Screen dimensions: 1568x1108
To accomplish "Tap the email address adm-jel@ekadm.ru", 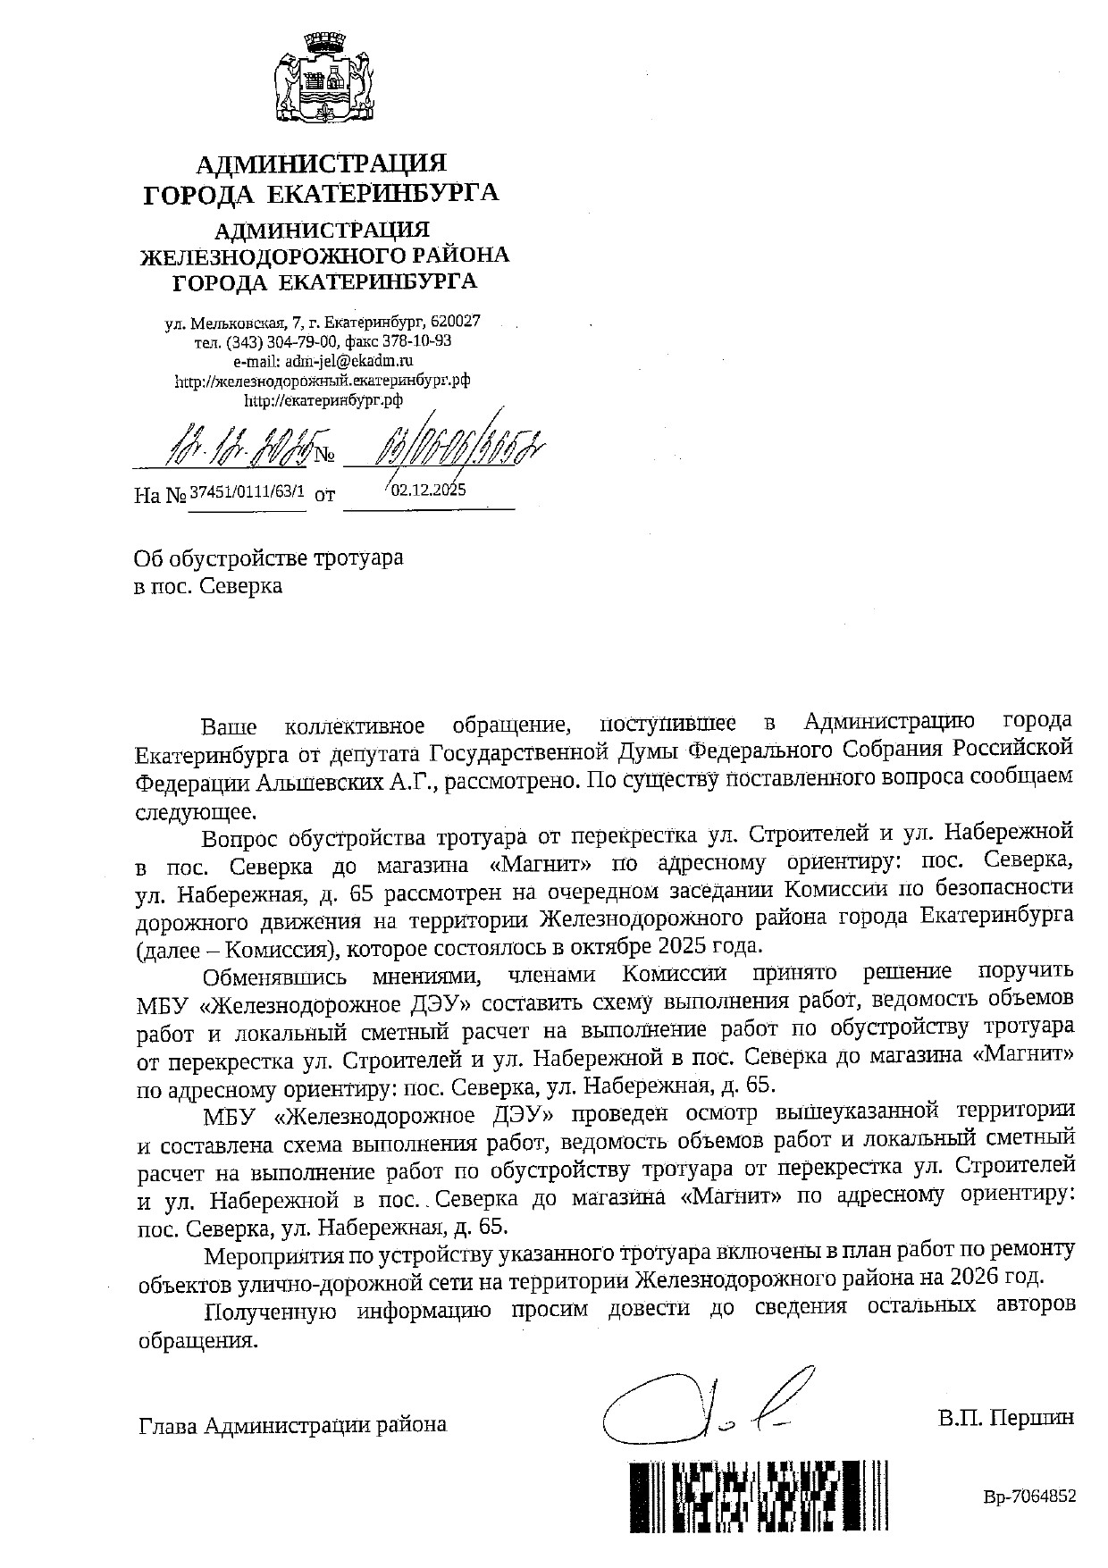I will (323, 361).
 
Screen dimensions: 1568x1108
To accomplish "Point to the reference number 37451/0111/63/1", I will (246, 491).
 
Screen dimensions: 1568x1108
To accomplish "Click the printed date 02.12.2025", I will (429, 490).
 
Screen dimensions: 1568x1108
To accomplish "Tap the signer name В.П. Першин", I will (1005, 1418).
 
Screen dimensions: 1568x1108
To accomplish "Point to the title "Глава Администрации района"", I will (292, 1424).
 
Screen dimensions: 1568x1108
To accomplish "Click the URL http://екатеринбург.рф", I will (323, 401).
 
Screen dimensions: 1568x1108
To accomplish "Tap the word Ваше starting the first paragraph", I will (229, 725).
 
